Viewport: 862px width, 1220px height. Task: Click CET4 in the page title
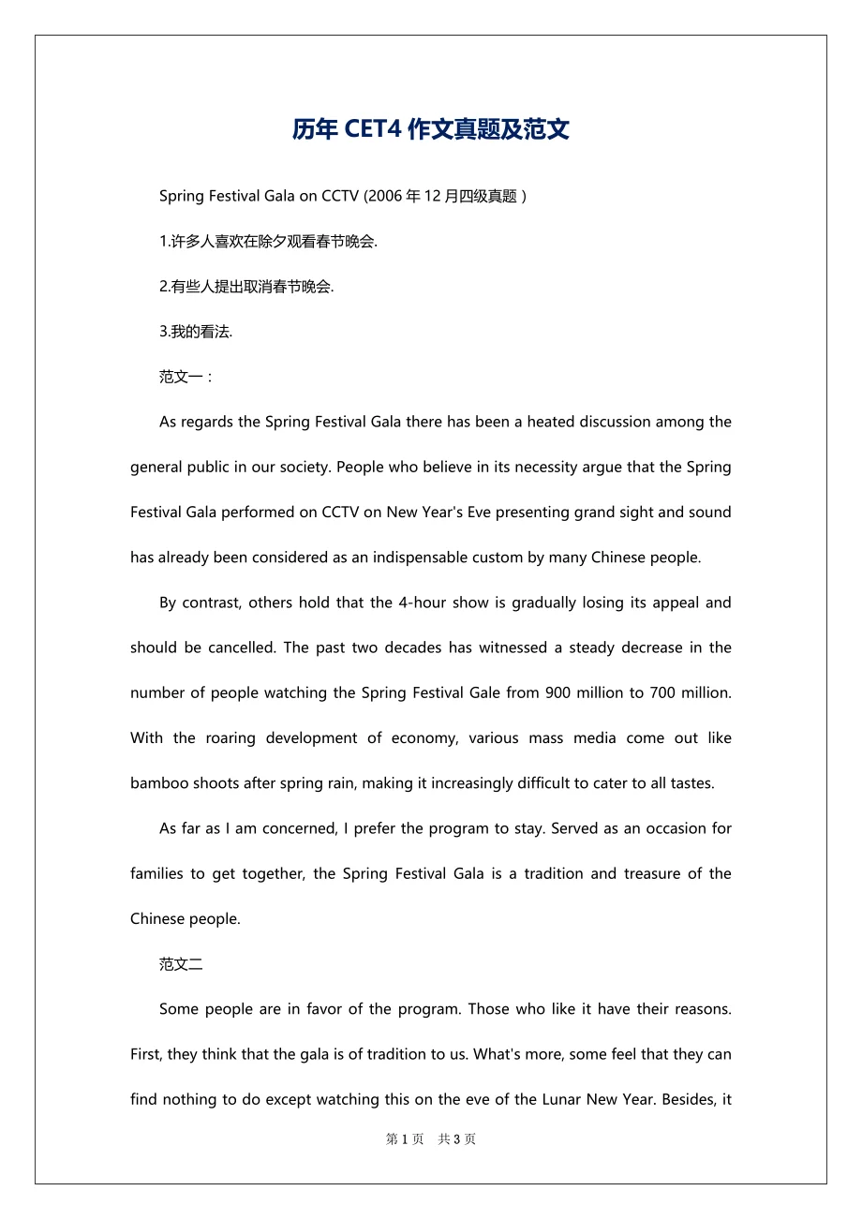point(375,129)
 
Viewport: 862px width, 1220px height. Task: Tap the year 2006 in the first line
point(383,196)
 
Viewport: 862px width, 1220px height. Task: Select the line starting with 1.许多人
point(268,242)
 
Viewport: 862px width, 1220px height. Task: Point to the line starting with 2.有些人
point(246,287)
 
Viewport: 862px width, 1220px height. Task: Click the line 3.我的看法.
point(196,332)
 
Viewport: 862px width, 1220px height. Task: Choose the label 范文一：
point(186,377)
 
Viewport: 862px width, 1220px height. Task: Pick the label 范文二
point(181,964)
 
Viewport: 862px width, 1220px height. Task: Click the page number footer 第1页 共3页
point(431,1139)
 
